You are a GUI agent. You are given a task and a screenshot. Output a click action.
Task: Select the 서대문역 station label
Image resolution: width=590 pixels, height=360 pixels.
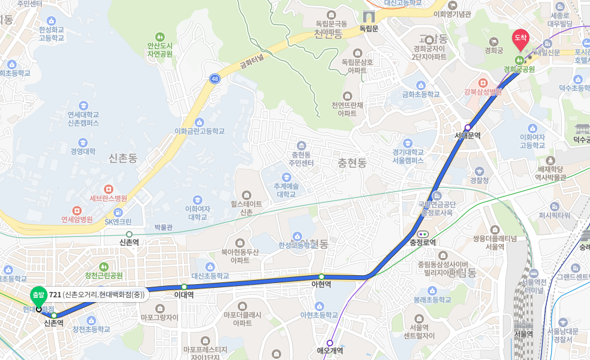pos(468,136)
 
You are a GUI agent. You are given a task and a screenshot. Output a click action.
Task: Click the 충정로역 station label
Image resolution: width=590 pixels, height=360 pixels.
pos(423,242)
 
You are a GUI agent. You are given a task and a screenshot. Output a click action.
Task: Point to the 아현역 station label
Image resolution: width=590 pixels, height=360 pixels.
pos(321,284)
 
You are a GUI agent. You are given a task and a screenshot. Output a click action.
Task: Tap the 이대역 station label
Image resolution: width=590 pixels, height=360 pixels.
pos(185,295)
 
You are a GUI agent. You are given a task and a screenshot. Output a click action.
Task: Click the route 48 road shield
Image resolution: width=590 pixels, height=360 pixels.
pos(214,78)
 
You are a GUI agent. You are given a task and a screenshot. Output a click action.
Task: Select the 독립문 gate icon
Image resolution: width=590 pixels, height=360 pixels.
pos(368,16)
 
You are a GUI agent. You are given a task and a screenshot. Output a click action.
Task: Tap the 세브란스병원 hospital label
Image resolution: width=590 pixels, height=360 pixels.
pos(108,198)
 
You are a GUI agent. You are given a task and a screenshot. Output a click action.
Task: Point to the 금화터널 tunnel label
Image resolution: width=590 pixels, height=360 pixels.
pos(251,61)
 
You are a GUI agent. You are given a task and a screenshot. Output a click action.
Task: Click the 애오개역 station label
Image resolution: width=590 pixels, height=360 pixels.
pos(330,352)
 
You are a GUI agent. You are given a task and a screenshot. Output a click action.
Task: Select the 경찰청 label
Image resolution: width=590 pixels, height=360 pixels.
pos(480,180)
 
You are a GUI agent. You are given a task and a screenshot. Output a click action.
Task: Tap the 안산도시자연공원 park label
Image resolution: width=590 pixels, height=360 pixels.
pos(159,49)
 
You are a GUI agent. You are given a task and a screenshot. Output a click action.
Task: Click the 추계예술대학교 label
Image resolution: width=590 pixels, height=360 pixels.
pos(285,190)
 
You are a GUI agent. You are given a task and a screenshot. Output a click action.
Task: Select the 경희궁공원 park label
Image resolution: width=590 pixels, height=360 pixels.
pos(519,69)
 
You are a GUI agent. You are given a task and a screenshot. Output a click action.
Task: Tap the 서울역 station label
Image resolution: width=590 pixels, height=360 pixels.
pos(523,334)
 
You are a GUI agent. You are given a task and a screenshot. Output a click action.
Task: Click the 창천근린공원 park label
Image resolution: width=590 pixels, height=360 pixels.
pos(104,275)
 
